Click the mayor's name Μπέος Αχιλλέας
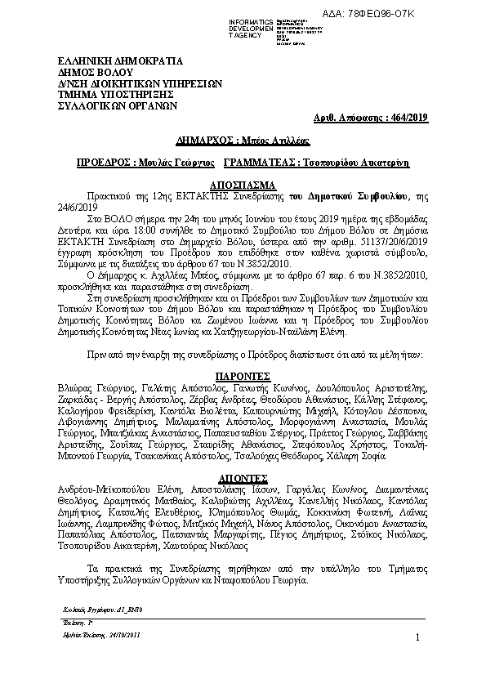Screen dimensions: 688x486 [272, 141]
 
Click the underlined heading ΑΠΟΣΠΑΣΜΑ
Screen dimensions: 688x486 [243, 185]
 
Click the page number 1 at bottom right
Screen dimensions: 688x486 [417, 637]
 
